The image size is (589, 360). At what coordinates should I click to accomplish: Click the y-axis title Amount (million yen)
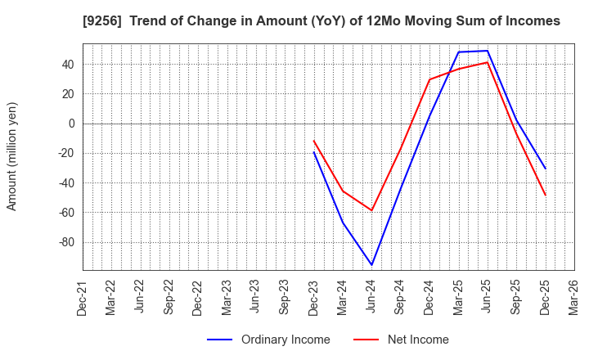coord(12,156)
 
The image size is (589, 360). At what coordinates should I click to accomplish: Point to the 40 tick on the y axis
coord(67,65)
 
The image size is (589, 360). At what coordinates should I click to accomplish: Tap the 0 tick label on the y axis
coord(71,124)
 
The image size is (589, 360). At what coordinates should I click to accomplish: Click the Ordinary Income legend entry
coord(269,340)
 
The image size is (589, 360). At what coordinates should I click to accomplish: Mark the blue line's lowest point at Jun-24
coord(371,265)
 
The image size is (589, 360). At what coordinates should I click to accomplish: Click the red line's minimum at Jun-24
coord(371,210)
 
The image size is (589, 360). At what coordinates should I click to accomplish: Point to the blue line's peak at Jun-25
coord(488,51)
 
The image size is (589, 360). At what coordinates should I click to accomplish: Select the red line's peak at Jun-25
coord(488,62)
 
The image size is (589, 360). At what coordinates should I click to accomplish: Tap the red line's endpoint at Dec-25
coord(546,196)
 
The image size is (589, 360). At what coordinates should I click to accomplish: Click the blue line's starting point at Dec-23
coord(313,151)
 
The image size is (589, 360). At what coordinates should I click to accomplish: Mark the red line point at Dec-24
coord(429,79)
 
